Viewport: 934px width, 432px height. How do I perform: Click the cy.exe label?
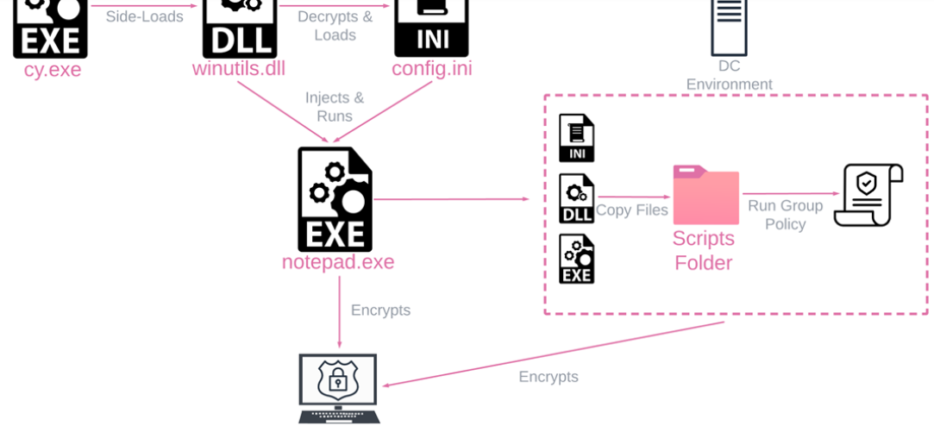point(53,70)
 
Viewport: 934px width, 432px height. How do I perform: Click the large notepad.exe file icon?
point(335,199)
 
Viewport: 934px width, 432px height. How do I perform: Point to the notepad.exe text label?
point(337,262)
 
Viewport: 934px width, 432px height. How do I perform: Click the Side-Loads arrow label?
point(144,17)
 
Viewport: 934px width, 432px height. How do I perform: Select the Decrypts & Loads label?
point(335,26)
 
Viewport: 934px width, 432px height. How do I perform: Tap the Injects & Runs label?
point(335,107)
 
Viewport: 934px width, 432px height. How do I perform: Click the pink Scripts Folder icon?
point(705,195)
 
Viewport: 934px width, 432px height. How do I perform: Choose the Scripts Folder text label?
point(704,250)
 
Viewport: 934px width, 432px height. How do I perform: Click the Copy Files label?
point(632,210)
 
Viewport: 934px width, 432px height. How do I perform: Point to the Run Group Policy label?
point(785,215)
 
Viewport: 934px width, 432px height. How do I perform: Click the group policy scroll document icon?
point(868,196)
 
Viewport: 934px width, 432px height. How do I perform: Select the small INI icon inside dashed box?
point(576,138)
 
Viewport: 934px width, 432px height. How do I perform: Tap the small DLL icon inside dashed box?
point(576,199)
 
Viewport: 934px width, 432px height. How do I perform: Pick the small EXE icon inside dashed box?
point(576,259)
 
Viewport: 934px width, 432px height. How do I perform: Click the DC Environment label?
point(729,75)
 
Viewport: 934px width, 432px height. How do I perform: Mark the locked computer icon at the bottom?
point(339,388)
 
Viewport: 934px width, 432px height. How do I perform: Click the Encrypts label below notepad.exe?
point(380,310)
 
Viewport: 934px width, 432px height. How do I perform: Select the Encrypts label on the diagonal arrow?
point(548,377)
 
